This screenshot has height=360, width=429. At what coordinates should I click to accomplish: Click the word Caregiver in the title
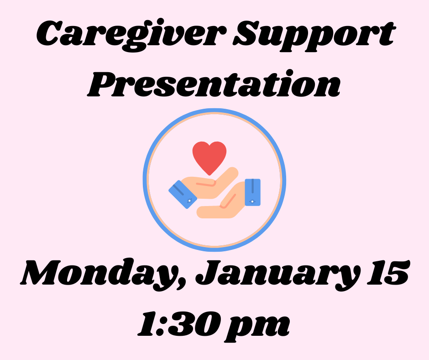(131, 35)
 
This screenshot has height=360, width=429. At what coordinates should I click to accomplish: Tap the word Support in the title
(314, 36)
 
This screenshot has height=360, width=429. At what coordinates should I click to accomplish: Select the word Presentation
(214, 84)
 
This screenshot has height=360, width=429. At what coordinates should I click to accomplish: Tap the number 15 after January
(388, 272)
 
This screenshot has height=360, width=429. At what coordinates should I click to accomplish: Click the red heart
(209, 158)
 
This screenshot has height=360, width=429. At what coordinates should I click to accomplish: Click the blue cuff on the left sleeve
(183, 194)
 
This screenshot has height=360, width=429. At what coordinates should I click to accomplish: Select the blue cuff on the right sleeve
(252, 192)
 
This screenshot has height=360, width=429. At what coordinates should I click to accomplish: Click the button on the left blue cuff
(189, 201)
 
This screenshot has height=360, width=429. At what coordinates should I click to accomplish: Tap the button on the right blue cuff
(252, 201)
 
